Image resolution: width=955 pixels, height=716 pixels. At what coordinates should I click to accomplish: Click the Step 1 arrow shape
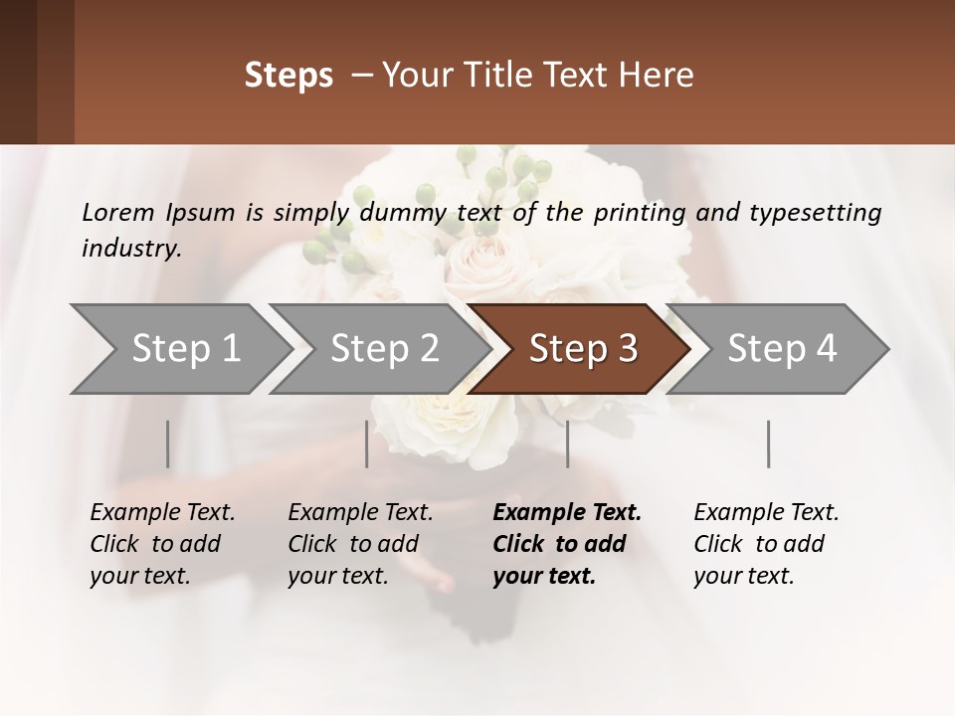click(179, 349)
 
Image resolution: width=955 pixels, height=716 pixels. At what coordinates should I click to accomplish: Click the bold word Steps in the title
click(288, 76)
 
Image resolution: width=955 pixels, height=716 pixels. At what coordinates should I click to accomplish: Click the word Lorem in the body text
click(117, 212)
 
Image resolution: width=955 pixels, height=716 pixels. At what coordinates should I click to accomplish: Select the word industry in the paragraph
click(130, 248)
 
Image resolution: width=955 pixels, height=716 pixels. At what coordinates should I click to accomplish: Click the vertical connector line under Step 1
click(168, 444)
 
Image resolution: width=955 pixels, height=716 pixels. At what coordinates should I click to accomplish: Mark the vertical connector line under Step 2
click(367, 444)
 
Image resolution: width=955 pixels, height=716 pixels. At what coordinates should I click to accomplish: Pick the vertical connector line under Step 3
click(567, 444)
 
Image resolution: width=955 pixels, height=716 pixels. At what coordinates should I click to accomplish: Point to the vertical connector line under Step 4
click(768, 444)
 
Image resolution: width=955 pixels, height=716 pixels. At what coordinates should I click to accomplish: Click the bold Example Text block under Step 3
click(566, 544)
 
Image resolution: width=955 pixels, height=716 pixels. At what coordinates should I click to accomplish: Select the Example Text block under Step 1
click(162, 544)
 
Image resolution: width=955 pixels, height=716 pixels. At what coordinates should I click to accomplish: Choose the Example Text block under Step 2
click(360, 544)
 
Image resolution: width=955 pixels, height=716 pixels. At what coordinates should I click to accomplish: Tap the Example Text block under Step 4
click(766, 544)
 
